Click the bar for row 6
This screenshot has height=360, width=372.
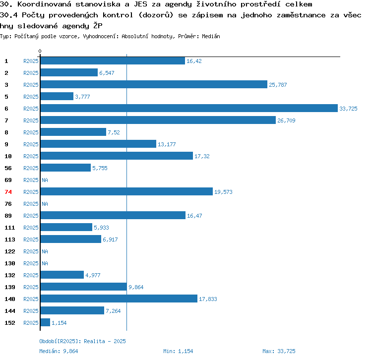189,108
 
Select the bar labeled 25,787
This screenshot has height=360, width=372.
154,84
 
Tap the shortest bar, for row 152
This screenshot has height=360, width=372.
45,322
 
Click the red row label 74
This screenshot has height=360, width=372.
8,192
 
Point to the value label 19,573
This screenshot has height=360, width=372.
223,192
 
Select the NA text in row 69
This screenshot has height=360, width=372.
45,180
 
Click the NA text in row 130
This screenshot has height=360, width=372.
45,263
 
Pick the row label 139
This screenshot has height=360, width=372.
10,287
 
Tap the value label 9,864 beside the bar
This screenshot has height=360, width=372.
136,287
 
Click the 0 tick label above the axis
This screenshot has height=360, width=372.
40,51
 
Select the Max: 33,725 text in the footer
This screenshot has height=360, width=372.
279,351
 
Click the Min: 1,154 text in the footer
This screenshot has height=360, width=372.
178,351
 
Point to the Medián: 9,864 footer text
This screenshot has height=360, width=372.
59,351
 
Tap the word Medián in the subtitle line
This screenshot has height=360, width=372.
211,36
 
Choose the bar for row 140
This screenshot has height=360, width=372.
119,299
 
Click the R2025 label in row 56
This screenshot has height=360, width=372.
31,168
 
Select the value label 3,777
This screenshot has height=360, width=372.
82,97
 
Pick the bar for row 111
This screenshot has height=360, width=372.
66,227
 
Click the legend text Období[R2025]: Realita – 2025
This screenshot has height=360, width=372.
82,341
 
